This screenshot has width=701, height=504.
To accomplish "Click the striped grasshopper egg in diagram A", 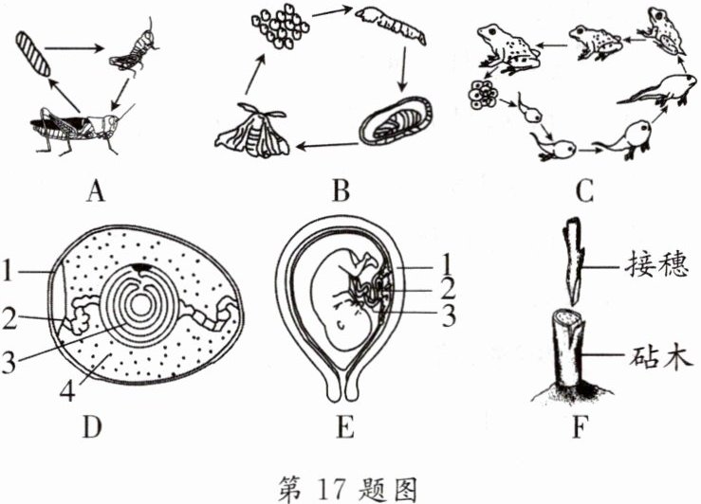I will pyautogui.click(x=28, y=57).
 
